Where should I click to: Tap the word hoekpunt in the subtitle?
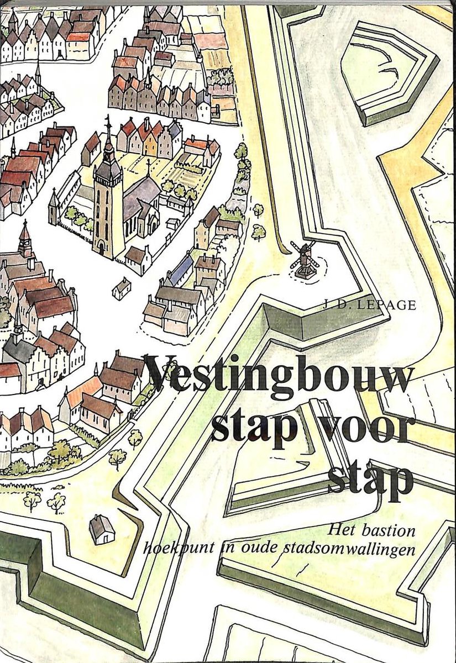tap(171, 550)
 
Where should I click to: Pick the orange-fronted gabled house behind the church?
tap(150, 143)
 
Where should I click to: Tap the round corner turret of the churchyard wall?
tap(53, 205)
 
